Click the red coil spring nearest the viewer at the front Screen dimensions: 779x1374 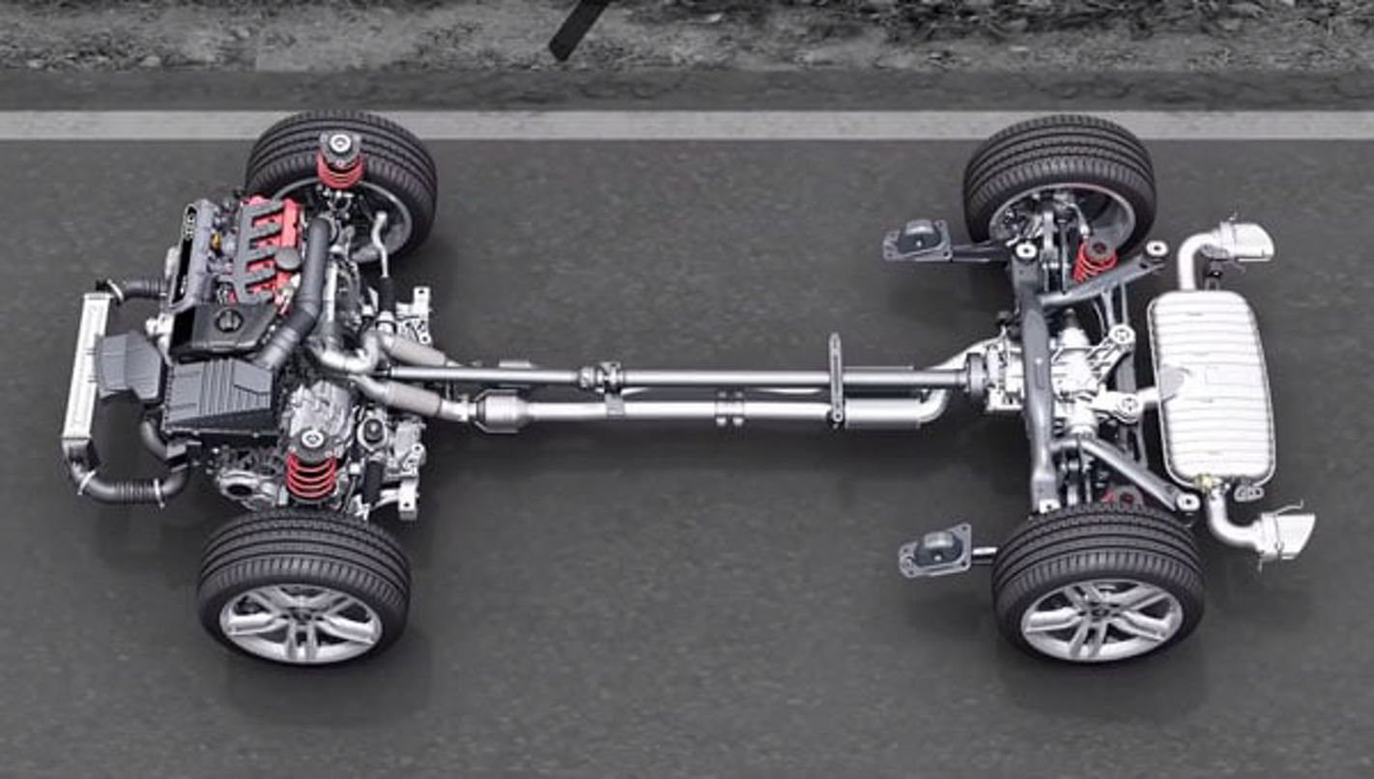pyautogui.click(x=311, y=476)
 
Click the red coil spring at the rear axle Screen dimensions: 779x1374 pyautogui.click(x=1094, y=261)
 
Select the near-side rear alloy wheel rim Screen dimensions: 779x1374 pyautogui.click(x=1101, y=620)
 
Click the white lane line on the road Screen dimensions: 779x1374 pyautogui.click(x=676, y=125)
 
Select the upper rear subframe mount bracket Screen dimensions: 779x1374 pyautogui.click(x=916, y=242)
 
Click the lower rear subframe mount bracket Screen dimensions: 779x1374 pyautogui.click(x=935, y=551)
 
